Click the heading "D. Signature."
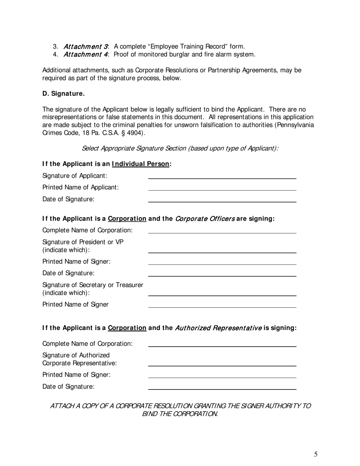[x=63, y=94]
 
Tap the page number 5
[x=316, y=454]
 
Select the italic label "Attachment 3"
[x=85, y=47]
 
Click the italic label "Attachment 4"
[x=85, y=55]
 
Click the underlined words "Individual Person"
[x=141, y=164]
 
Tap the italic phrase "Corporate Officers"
[x=205, y=219]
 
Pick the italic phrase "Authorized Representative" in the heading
[x=218, y=328]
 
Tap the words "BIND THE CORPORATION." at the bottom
[x=180, y=414]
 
